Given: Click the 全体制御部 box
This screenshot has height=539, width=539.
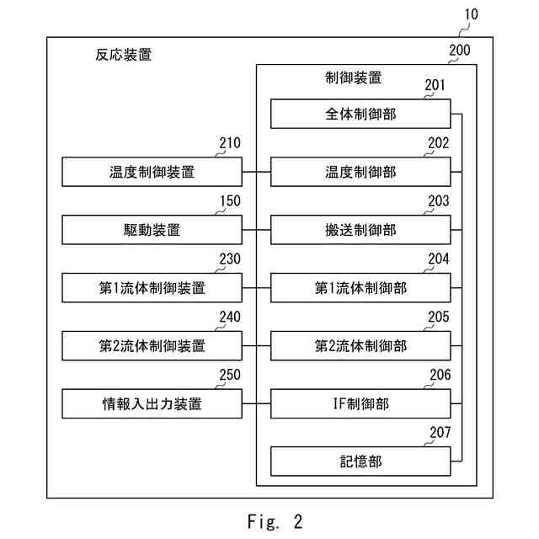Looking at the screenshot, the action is tap(360, 114).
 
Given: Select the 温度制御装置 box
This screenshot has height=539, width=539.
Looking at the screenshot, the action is tap(152, 172).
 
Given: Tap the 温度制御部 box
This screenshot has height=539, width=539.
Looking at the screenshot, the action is tap(360, 172).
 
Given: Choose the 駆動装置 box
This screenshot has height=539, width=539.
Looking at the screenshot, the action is tap(152, 230).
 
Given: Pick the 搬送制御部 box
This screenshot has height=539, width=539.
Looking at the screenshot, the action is tap(360, 230).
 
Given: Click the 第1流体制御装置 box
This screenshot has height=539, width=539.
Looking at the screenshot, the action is tap(152, 288).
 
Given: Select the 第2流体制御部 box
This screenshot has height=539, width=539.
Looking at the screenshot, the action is tap(360, 346).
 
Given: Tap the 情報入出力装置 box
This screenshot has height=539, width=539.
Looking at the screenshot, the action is tap(152, 403).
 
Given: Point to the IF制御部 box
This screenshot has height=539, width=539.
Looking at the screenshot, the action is tap(360, 403).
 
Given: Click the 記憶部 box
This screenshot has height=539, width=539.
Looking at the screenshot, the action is tap(360, 462).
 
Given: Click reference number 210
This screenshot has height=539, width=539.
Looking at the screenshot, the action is tap(230, 143).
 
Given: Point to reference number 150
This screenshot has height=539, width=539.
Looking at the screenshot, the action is tap(230, 201).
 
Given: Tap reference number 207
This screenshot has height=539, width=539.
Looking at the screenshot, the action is tap(440, 432).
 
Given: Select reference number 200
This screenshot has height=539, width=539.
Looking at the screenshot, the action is tap(460, 51).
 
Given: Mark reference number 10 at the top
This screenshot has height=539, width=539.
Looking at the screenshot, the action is tap(472, 14).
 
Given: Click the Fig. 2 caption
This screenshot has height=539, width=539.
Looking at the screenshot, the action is tap(275, 521).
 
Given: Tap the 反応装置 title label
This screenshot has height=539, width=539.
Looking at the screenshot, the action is tap(124, 55).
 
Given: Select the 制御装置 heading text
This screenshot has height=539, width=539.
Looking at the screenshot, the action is tap(354, 77).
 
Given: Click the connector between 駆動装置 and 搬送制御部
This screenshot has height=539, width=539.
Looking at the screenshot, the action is tap(256, 230).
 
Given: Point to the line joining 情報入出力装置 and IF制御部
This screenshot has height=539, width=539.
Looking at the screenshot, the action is tap(256, 403).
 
